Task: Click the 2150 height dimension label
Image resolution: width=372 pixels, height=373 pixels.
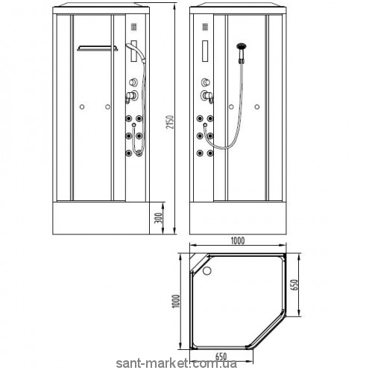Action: coord(170,122)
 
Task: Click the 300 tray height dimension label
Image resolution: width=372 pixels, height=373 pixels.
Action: coord(159,218)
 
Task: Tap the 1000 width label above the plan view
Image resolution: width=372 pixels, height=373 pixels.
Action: coord(238,240)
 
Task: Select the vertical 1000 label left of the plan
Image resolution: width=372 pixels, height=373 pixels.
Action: coord(176,301)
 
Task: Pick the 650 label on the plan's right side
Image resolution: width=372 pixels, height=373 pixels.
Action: coord(294,285)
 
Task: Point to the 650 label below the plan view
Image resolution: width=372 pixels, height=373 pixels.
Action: coord(221,357)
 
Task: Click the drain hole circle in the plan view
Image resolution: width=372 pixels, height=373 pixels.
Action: coord(207,270)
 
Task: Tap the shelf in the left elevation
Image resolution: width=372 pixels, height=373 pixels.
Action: coord(98,48)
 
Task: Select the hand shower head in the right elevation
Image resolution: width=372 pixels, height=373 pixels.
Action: coord(241,46)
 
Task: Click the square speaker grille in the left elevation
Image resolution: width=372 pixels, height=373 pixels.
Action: coord(134,27)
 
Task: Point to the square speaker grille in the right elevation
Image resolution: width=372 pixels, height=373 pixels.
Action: coord(205,27)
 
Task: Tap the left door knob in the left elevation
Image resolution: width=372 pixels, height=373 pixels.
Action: coord(82,106)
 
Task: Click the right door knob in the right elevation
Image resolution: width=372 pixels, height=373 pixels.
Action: coord(257,106)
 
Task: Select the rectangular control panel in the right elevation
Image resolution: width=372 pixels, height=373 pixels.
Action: coord(205,51)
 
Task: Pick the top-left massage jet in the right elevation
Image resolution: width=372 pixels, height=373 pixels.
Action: coord(200,118)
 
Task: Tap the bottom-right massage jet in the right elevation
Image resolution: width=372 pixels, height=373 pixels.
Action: coord(210,153)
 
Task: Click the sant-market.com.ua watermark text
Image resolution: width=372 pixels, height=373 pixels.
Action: coord(177,364)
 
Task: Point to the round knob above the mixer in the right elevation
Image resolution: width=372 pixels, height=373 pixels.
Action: coord(205,82)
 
